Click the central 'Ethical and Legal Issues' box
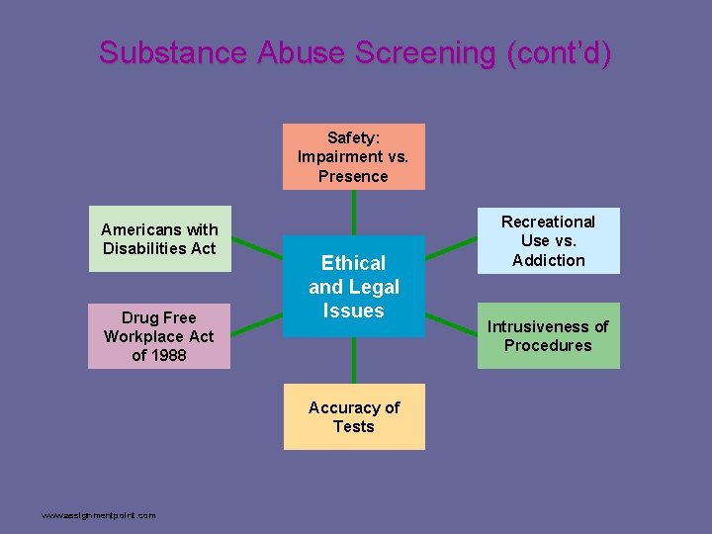[353, 287]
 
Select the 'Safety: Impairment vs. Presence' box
[353, 156]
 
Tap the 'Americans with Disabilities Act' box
[159, 238]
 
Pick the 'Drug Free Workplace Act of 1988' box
[159, 336]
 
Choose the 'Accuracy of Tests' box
[353, 416]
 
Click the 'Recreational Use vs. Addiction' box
[548, 240]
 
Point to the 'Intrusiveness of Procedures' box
[548, 335]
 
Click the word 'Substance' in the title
[173, 52]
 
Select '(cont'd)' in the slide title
[558, 52]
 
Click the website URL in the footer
[98, 515]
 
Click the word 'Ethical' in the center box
[353, 263]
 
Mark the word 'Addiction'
[548, 260]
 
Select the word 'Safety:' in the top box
[353, 137]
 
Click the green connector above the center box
[353, 213]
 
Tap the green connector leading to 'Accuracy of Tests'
[353, 361]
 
